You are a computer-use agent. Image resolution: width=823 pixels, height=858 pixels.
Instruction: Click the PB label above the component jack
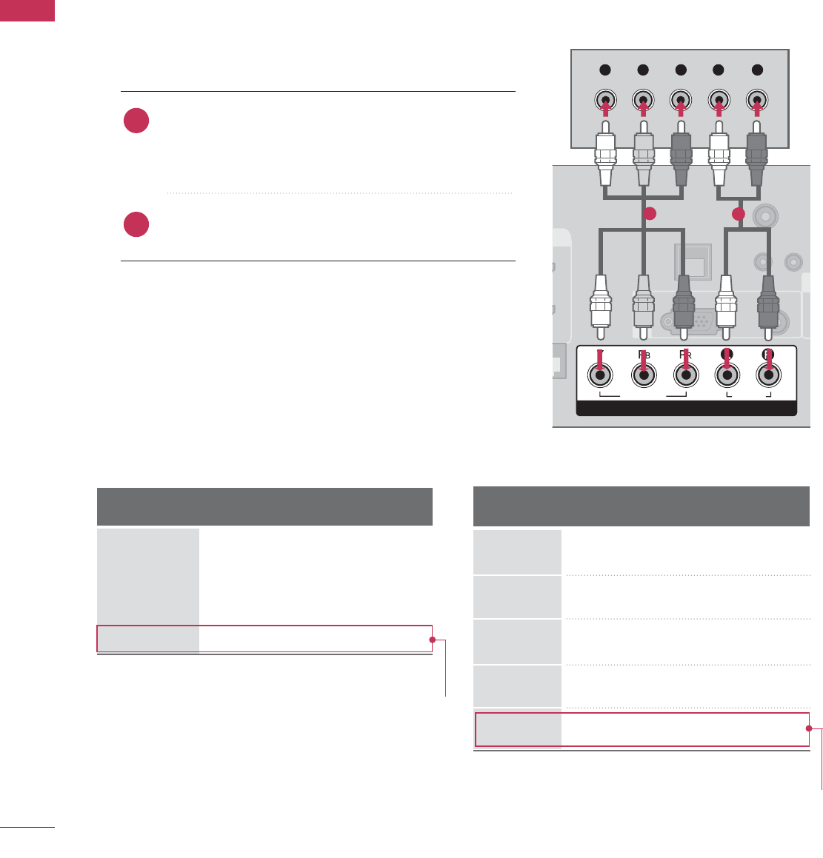[643, 354]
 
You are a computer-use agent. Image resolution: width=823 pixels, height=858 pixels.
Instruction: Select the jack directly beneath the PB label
[643, 375]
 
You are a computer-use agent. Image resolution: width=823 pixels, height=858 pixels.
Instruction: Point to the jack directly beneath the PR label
[686, 375]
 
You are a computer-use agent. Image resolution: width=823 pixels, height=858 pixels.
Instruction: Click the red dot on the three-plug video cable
[649, 215]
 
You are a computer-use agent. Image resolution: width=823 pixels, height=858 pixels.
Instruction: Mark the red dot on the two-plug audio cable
[738, 215]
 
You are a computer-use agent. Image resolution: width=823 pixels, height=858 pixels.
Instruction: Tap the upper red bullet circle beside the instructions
[136, 121]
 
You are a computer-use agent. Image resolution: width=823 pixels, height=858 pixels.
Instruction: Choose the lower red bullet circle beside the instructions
[136, 224]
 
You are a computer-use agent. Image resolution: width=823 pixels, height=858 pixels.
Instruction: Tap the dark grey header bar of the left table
[264, 506]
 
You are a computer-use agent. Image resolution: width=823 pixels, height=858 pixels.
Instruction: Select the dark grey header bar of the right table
[641, 506]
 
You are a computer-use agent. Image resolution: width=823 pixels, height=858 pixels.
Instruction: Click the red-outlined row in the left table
[264, 639]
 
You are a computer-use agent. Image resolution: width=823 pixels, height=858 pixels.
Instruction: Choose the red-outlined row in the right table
[641, 730]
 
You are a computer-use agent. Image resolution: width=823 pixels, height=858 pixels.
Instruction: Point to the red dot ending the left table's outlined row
[432, 640]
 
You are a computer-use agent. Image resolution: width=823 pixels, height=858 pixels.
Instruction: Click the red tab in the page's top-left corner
[27, 10]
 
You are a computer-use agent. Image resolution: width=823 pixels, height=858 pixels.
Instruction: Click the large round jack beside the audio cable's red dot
[765, 215]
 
